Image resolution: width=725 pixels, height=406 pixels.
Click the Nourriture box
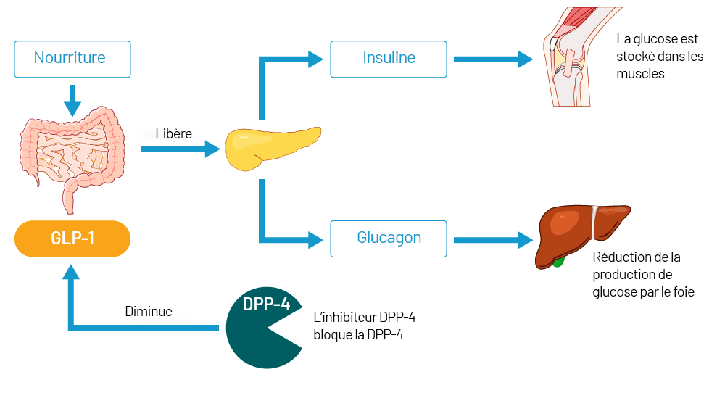[x=72, y=59]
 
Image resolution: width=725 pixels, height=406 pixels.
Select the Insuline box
[x=389, y=59]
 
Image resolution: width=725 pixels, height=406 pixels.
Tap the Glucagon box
[x=389, y=239]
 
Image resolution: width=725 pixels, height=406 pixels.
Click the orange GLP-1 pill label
[x=72, y=239]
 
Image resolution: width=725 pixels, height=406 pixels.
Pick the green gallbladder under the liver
[x=558, y=260]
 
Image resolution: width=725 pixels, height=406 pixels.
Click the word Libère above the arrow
[x=174, y=134]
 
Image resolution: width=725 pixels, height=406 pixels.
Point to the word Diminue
[x=149, y=312]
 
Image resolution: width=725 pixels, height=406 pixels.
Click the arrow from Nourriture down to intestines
[x=72, y=100]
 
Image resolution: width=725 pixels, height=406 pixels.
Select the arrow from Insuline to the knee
[x=493, y=59]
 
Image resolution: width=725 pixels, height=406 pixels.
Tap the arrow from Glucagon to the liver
[x=493, y=239]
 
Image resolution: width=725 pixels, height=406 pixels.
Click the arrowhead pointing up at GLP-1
[x=71, y=272]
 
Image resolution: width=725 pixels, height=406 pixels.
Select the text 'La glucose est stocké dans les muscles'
[x=659, y=57]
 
